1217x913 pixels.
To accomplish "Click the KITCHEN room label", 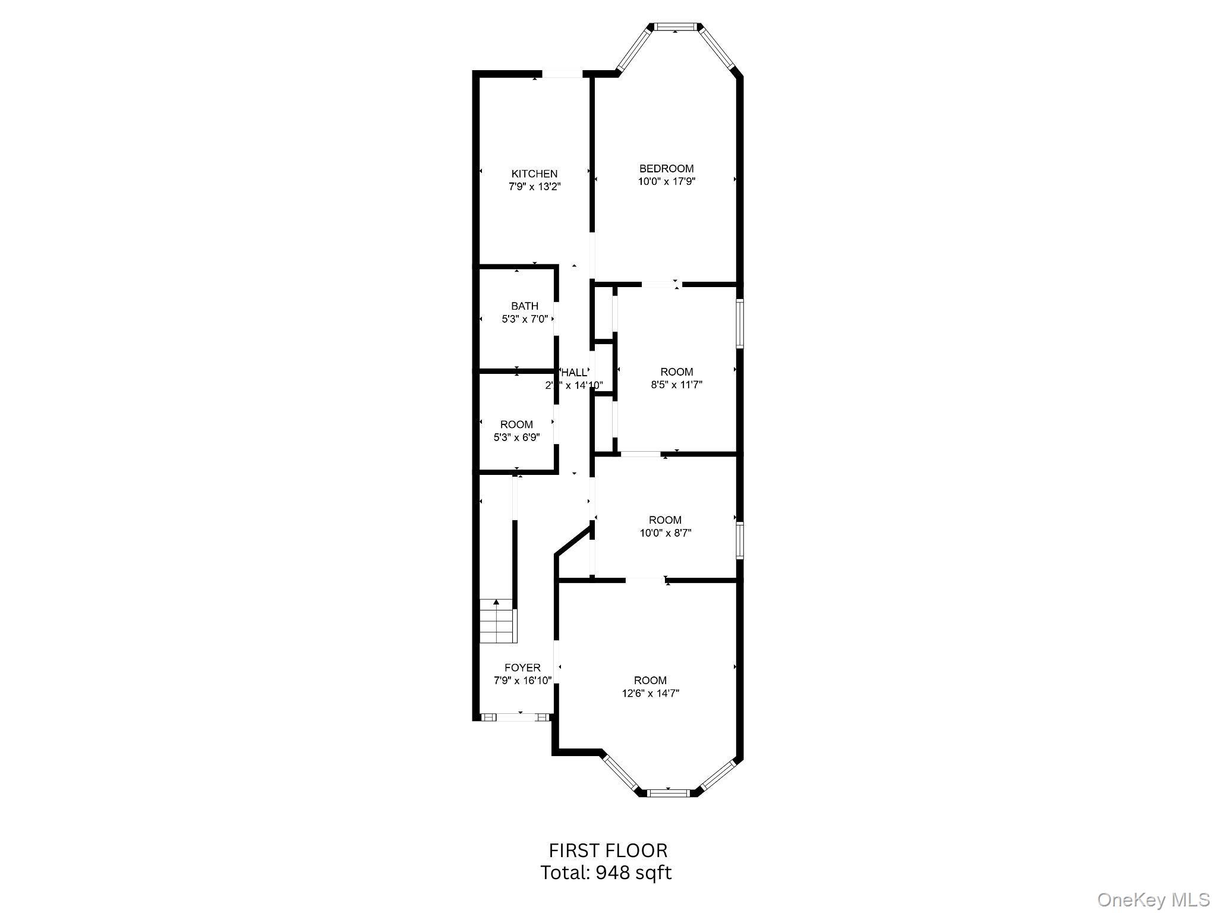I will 534,174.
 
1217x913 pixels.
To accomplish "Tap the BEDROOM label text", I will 666,169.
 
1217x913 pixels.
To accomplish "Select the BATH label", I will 525,306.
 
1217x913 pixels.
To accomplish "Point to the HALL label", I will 574,373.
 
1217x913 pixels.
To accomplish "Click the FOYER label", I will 522,668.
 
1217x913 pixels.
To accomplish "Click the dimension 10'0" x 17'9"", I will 666,181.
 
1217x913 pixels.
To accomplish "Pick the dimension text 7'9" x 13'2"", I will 534,187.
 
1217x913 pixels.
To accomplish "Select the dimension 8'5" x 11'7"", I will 676,385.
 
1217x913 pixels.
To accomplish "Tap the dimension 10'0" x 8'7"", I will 665,533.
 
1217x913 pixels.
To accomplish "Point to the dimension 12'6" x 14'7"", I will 650,693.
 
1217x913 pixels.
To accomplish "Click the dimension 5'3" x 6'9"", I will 516,437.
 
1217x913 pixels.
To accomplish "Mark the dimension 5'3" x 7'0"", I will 525,319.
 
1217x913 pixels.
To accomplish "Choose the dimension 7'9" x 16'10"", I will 522,681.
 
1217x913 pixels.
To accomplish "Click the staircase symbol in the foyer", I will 497,621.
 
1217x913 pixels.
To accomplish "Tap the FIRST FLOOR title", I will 607,851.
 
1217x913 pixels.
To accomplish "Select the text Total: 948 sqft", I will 606,873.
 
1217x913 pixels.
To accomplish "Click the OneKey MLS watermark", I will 1153,899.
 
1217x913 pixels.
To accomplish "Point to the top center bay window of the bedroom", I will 676,27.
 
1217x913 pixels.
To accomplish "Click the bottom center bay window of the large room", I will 669,792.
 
